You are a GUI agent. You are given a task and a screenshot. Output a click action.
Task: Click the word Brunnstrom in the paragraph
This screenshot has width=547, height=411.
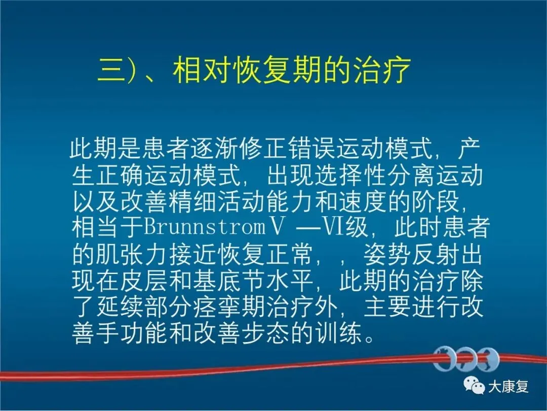[x=205, y=227]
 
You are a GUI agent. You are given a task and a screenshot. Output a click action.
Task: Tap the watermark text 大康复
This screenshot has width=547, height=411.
[x=508, y=387]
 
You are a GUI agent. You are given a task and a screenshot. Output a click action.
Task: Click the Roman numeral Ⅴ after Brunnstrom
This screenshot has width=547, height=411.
[x=277, y=227]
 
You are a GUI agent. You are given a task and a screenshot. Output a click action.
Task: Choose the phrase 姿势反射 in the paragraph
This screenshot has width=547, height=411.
[x=411, y=254]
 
